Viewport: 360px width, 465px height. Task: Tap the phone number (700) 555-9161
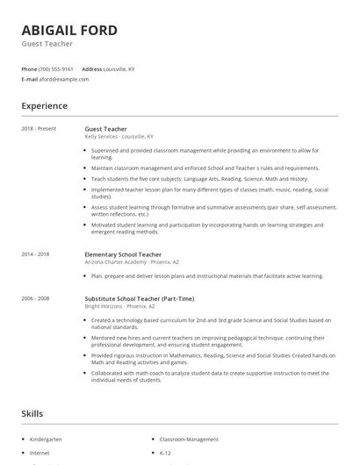[57, 68]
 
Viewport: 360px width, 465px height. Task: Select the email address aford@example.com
[64, 79]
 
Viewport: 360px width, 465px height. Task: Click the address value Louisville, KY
[119, 68]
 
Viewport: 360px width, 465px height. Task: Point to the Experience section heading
[44, 106]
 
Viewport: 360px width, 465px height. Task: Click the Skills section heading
[32, 412]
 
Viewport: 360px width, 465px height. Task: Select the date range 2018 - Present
[39, 129]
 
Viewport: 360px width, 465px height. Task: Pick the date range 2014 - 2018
[36, 254]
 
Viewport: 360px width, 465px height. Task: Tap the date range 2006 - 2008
[36, 298]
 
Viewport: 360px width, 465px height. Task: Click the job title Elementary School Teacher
[123, 254]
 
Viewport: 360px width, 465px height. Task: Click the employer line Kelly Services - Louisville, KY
[119, 137]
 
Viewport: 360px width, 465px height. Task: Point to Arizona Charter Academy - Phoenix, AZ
[128, 262]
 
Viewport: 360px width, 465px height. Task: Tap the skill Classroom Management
[190, 438]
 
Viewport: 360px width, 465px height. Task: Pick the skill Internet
[40, 453]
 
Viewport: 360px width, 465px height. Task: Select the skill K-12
[166, 453]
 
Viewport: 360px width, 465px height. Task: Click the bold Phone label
[29, 68]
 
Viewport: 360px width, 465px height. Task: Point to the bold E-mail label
[29, 79]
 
